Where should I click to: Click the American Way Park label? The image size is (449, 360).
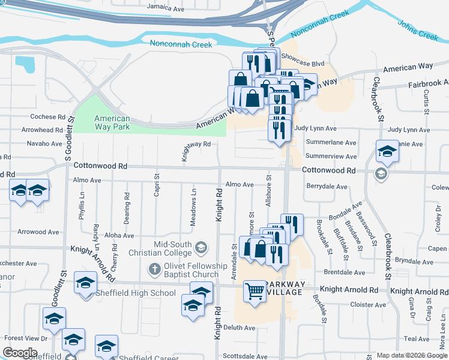112,122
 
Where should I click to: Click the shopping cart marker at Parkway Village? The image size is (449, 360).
255,292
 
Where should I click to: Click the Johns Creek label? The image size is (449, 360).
418,30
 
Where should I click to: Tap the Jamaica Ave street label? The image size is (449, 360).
165,9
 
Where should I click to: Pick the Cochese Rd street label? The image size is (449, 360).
47,117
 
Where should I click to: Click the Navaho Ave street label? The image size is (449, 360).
44,144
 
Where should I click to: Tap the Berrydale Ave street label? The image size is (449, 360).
327,187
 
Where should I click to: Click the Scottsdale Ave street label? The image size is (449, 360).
245,356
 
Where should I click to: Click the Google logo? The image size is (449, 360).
20,353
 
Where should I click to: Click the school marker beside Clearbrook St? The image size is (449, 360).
387,152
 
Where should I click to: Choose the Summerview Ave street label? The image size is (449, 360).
331,156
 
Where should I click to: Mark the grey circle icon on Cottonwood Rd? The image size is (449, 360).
380,173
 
